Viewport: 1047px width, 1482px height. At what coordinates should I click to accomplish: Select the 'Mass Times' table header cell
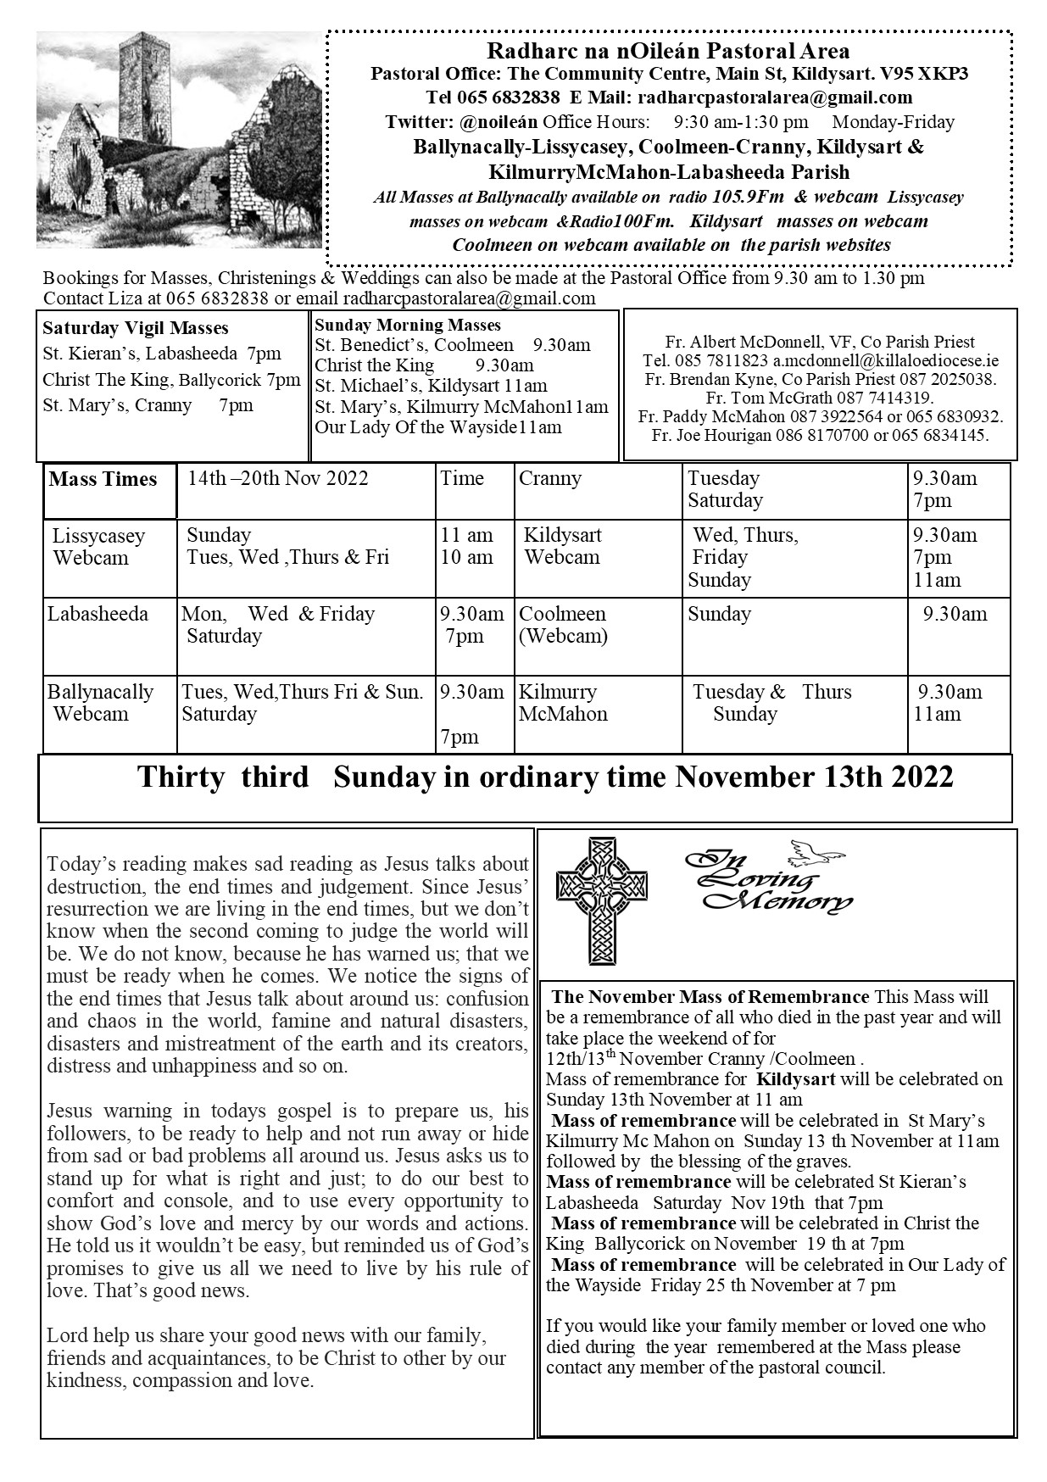[103, 480]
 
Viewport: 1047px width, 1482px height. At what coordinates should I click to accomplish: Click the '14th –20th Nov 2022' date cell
[278, 478]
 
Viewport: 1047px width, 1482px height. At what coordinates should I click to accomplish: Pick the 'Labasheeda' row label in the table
[97, 614]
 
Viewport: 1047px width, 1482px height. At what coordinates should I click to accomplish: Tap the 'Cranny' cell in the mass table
[550, 478]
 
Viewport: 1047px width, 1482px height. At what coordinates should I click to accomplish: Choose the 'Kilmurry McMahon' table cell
[563, 703]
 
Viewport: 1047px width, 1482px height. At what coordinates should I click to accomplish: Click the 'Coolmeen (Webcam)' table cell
[563, 625]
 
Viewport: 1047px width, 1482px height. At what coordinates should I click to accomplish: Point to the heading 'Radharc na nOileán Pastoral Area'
[669, 53]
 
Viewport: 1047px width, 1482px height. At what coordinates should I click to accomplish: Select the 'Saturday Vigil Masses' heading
[136, 328]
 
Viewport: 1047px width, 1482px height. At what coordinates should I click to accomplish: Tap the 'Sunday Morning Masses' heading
[408, 326]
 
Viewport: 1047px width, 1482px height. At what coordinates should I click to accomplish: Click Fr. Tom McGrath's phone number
[885, 398]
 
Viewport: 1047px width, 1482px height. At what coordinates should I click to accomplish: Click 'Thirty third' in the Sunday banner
[224, 777]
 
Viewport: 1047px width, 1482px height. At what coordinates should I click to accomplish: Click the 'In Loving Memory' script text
[767, 882]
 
